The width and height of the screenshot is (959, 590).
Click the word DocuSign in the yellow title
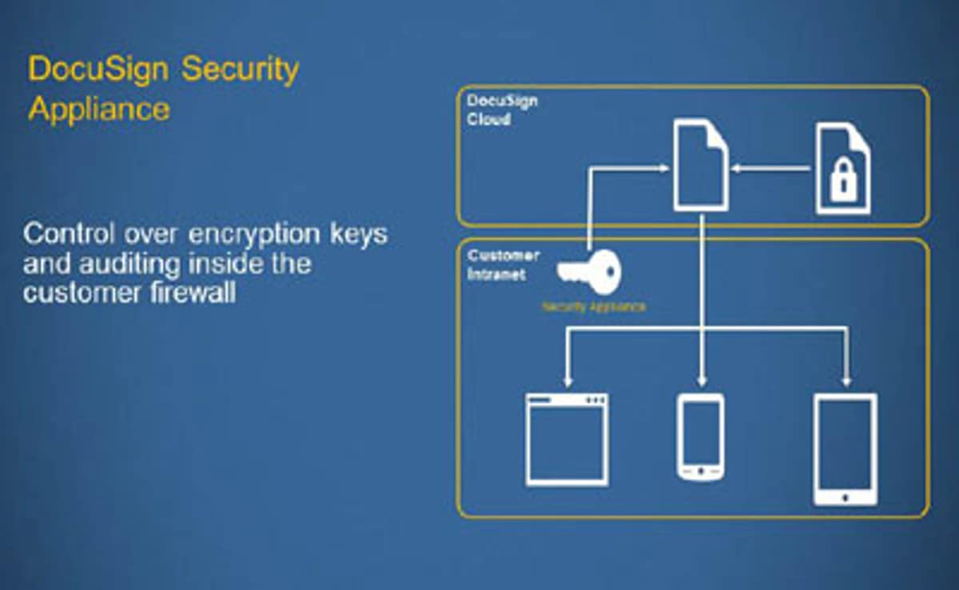point(98,70)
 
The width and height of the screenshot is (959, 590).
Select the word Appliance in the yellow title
point(99,109)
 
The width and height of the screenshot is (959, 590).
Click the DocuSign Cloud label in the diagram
point(502,110)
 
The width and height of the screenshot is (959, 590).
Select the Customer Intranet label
point(503,265)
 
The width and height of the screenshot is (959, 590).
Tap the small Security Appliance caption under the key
point(594,306)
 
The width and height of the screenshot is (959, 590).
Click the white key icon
point(589,272)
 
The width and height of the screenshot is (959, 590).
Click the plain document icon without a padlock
point(701,165)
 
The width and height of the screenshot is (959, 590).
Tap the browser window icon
point(567,440)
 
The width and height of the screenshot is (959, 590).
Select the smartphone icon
point(701,437)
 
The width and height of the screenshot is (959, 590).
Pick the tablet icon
point(846,449)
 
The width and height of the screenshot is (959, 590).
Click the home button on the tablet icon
point(846,497)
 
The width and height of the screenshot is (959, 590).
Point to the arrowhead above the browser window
point(567,381)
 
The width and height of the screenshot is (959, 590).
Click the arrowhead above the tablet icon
point(846,381)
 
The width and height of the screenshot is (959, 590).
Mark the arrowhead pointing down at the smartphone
point(702,381)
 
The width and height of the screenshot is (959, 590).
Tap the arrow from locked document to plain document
point(770,168)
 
